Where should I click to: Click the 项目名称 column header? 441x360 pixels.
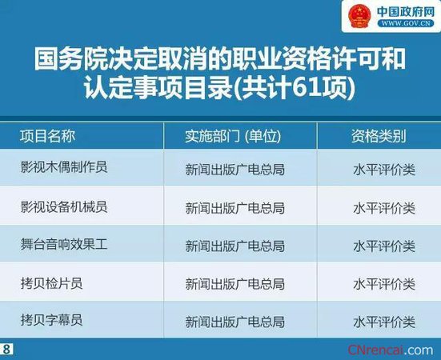47,136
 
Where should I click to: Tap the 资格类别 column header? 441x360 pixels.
378,136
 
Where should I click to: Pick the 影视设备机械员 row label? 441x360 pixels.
64,206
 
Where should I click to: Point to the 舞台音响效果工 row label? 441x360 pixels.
64,245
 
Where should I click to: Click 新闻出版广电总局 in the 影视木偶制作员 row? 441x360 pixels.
235,170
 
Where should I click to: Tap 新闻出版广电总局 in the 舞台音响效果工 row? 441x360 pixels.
235,246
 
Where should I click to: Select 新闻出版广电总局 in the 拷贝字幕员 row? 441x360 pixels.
235,322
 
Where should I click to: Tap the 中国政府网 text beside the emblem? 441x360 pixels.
403,12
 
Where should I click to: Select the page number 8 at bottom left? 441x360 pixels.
7,350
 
